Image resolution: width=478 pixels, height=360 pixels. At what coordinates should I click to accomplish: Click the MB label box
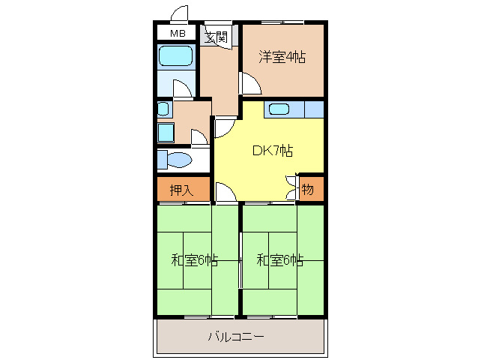(177, 34)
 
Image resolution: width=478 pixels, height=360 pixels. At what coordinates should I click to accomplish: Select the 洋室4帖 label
(282, 56)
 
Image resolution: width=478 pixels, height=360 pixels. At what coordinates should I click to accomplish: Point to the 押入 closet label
(181, 190)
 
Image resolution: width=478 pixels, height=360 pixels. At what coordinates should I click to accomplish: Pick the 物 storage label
(308, 190)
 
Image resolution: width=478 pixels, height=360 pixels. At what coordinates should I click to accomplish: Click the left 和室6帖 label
(194, 260)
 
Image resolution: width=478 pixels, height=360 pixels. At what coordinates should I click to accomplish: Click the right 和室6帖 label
(279, 260)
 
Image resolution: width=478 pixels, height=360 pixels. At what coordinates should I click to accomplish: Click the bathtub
(176, 56)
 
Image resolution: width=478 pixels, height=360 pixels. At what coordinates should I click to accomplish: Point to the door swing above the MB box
(178, 13)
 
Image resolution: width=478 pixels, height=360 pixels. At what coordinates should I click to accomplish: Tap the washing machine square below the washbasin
(166, 133)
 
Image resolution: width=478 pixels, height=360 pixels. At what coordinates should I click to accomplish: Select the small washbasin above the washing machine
(163, 109)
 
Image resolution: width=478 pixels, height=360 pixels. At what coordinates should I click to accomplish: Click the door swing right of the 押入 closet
(223, 191)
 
